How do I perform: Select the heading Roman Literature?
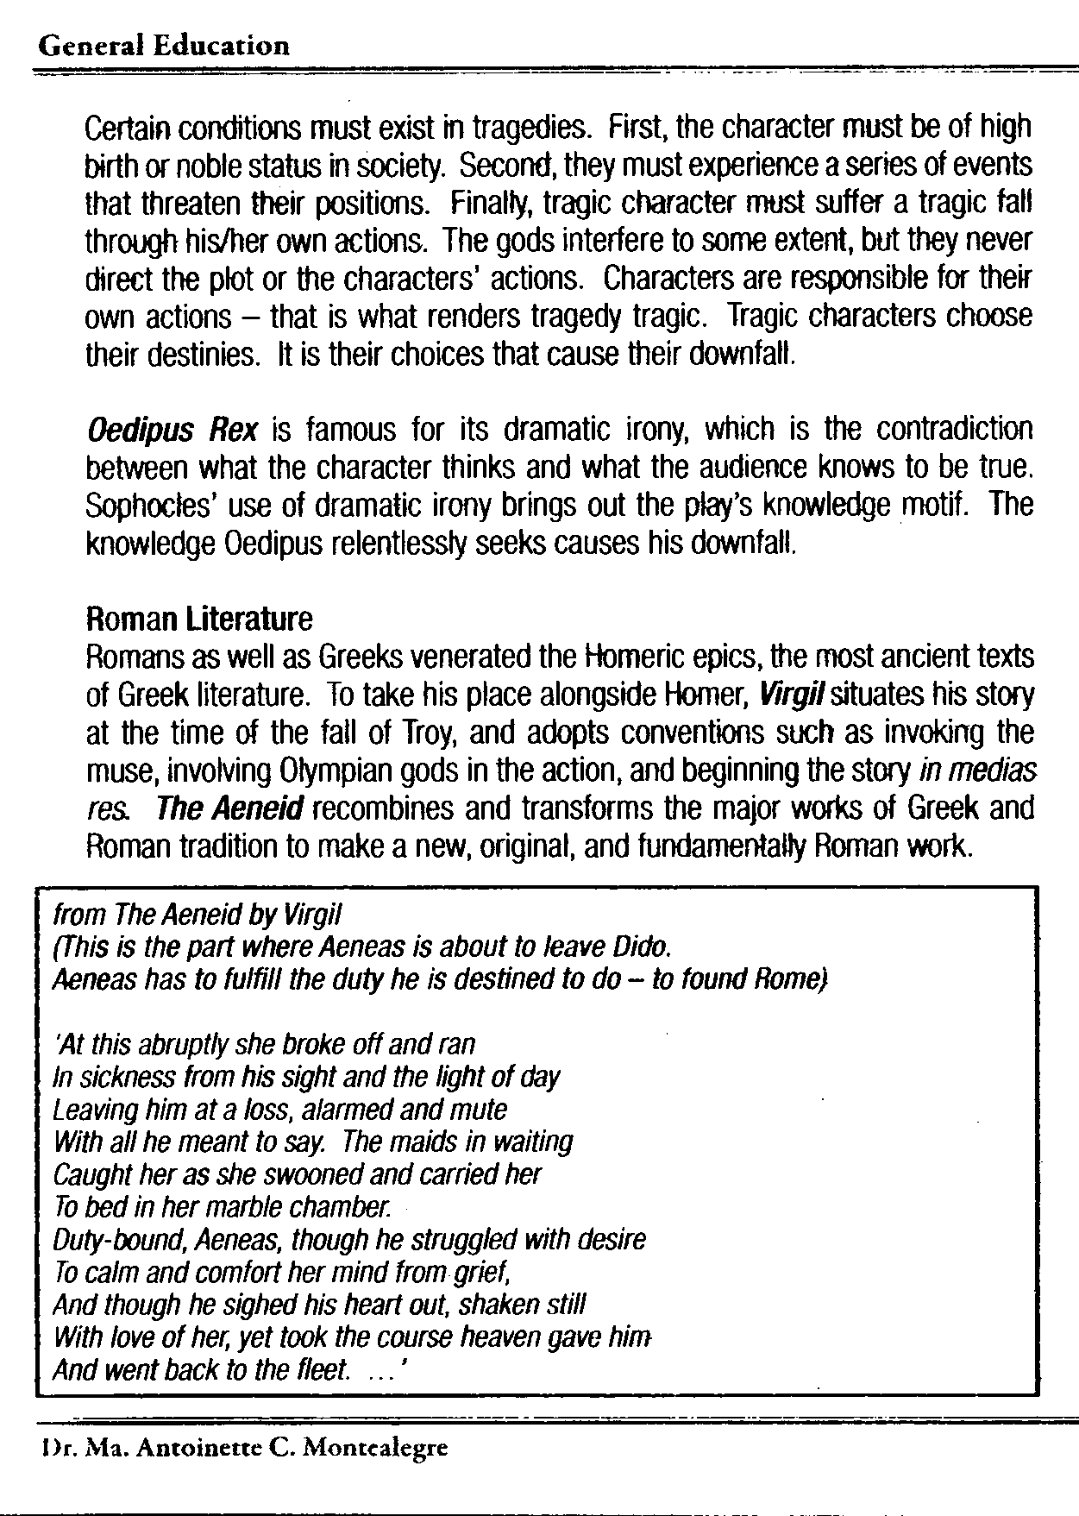(199, 619)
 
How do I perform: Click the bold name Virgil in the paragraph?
(779, 695)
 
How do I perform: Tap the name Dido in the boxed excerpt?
(643, 947)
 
